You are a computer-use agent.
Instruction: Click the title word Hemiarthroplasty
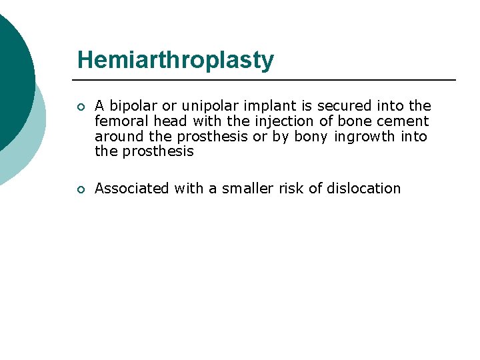(x=175, y=60)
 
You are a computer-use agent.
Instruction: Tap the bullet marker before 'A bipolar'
(x=80, y=106)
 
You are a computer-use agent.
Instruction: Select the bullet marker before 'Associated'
(x=80, y=189)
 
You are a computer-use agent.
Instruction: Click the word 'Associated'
(x=132, y=189)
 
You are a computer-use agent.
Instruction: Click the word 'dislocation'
(x=363, y=189)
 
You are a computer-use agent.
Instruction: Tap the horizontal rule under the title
(x=267, y=80)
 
